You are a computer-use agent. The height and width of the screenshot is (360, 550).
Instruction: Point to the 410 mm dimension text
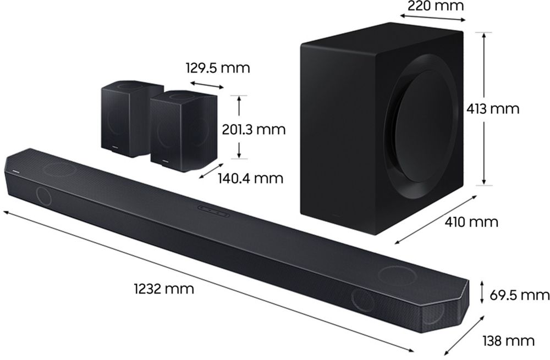472,222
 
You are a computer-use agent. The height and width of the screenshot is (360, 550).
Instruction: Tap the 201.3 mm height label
254,129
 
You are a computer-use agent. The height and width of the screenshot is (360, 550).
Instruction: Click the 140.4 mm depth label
250,178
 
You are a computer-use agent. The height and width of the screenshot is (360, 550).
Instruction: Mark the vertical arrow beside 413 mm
483,109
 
